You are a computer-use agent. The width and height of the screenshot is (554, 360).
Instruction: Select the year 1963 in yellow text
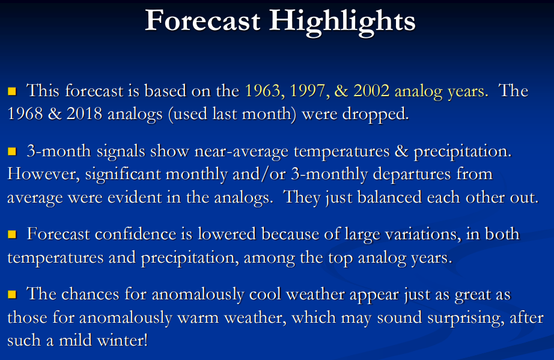click(263, 91)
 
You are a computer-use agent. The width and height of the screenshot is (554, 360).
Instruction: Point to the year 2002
click(371, 91)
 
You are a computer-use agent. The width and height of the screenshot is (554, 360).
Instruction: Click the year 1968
click(25, 114)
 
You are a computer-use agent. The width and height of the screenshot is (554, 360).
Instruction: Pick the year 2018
click(84, 114)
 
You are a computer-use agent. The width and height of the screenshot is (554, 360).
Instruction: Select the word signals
click(121, 152)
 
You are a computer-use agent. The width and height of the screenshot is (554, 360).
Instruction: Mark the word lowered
click(227, 234)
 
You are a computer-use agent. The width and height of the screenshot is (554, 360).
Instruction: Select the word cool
click(265, 294)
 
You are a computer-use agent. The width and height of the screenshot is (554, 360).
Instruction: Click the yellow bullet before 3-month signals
click(12, 151)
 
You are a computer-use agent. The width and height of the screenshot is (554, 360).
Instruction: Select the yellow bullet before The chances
click(12, 294)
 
